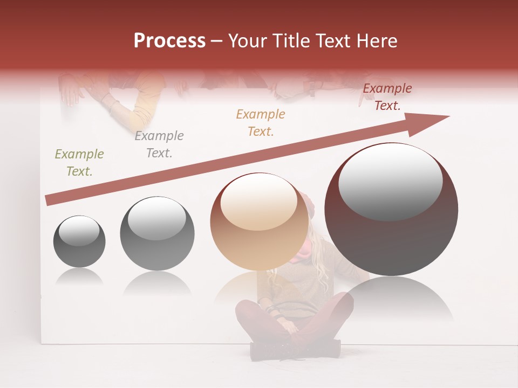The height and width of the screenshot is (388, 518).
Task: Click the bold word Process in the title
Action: [x=169, y=41]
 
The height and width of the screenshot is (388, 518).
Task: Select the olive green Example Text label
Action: [x=79, y=163]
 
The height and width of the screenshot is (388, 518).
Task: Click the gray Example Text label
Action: [x=159, y=144]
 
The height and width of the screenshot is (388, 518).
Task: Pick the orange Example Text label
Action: [x=261, y=123]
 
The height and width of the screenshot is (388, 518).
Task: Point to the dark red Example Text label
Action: [x=387, y=97]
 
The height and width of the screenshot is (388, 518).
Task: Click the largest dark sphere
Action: [x=391, y=237]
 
